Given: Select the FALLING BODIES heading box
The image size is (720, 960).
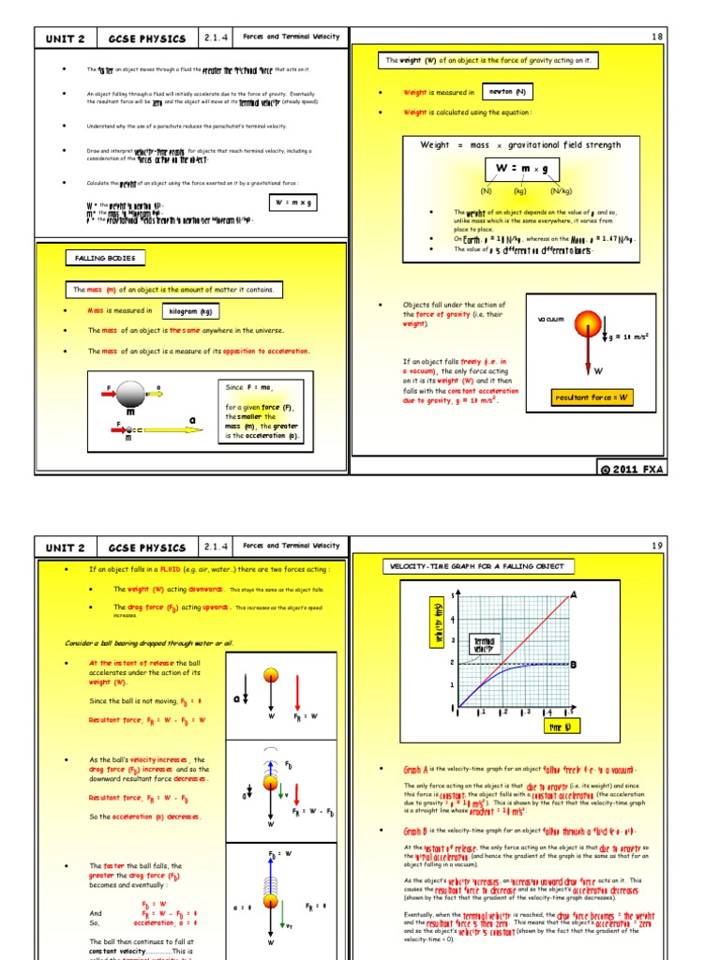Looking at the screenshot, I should click(x=105, y=258).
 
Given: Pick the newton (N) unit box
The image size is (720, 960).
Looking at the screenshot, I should click(x=507, y=92).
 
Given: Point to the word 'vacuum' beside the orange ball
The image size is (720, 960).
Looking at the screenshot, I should click(x=550, y=320).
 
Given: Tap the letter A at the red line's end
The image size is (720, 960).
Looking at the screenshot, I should click(x=573, y=595).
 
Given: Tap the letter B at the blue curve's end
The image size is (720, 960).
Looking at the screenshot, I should click(x=573, y=665).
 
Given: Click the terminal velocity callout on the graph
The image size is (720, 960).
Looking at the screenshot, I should click(x=483, y=645).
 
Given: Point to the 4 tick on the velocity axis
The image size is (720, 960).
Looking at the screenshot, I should click(x=454, y=619).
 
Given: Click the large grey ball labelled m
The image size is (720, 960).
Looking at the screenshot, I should click(x=130, y=392).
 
